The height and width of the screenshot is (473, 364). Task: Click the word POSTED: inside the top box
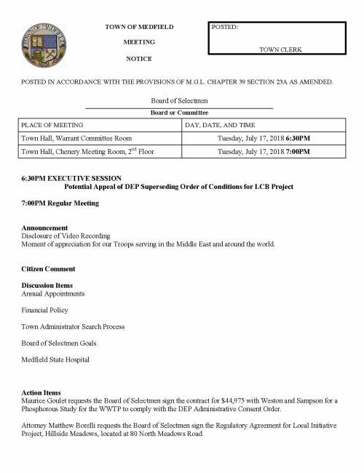click(x=226, y=27)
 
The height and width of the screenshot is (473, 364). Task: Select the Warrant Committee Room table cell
click(x=76, y=137)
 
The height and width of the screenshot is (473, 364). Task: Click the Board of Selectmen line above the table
click(x=179, y=102)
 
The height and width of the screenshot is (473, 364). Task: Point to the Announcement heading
click(x=44, y=227)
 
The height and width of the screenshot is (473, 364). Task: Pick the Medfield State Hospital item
click(x=55, y=359)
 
